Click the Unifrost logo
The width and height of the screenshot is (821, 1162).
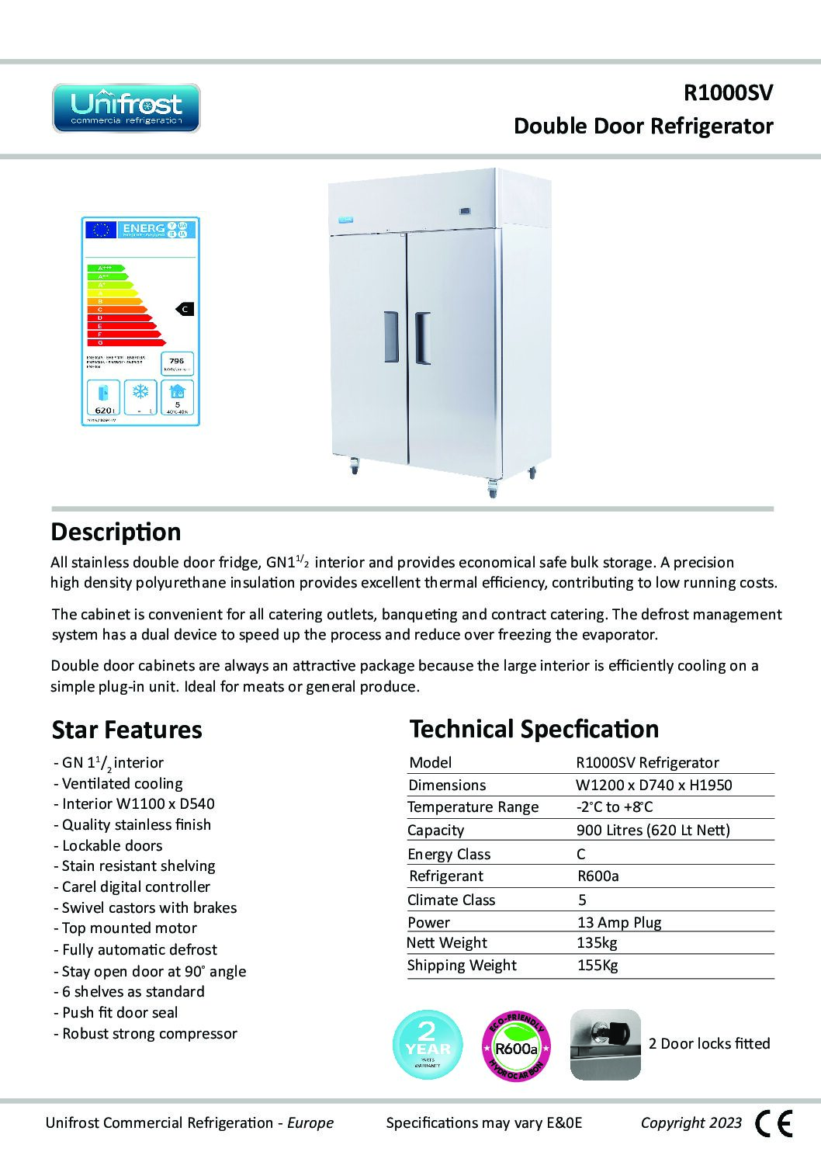click(x=126, y=109)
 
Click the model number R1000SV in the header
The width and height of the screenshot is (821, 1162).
click(x=727, y=93)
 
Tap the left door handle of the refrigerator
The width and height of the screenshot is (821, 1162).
click(x=390, y=337)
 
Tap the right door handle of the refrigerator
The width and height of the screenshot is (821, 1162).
click(x=422, y=338)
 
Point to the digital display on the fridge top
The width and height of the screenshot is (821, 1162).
click(x=465, y=210)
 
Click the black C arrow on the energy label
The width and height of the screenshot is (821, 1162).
click(x=185, y=309)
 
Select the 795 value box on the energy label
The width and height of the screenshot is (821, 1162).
click(x=177, y=363)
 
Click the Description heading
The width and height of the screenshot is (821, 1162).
click(x=116, y=532)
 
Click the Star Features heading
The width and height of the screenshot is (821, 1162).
click(x=126, y=730)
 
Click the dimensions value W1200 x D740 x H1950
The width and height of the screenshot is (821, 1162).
click(x=654, y=785)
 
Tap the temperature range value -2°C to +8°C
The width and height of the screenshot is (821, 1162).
click(x=615, y=807)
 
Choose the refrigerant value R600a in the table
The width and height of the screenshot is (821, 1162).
click(x=598, y=876)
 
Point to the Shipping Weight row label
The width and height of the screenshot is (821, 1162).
click(x=462, y=966)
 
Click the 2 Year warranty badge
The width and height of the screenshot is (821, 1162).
click(x=428, y=1045)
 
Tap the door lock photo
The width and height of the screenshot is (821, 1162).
click(x=605, y=1044)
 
